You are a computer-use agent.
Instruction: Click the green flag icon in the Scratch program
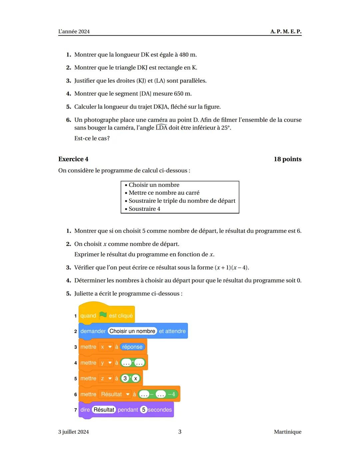coord(103,315)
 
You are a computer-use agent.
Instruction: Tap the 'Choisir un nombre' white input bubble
coord(132,331)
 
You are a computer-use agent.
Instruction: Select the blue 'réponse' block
coord(132,347)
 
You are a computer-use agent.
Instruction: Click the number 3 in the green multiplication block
coord(125,378)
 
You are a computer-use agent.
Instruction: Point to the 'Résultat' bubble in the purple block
coord(104,410)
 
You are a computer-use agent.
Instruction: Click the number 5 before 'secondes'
coord(144,410)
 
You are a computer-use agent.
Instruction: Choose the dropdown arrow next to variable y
coord(110,363)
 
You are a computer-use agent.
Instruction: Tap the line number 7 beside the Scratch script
coord(76,410)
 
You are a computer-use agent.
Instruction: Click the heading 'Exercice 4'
coord(73,159)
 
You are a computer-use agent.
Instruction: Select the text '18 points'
coord(287,159)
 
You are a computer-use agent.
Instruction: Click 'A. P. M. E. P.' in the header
coord(286,31)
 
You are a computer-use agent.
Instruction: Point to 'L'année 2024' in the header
coord(74,32)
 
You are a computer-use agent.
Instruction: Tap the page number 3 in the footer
coord(180,432)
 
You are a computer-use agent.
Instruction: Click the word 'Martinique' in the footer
coord(287,432)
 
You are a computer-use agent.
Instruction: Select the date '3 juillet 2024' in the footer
coord(73,432)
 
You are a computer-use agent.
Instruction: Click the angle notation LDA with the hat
coord(161,128)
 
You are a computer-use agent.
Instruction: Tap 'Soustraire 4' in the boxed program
coord(144,209)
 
